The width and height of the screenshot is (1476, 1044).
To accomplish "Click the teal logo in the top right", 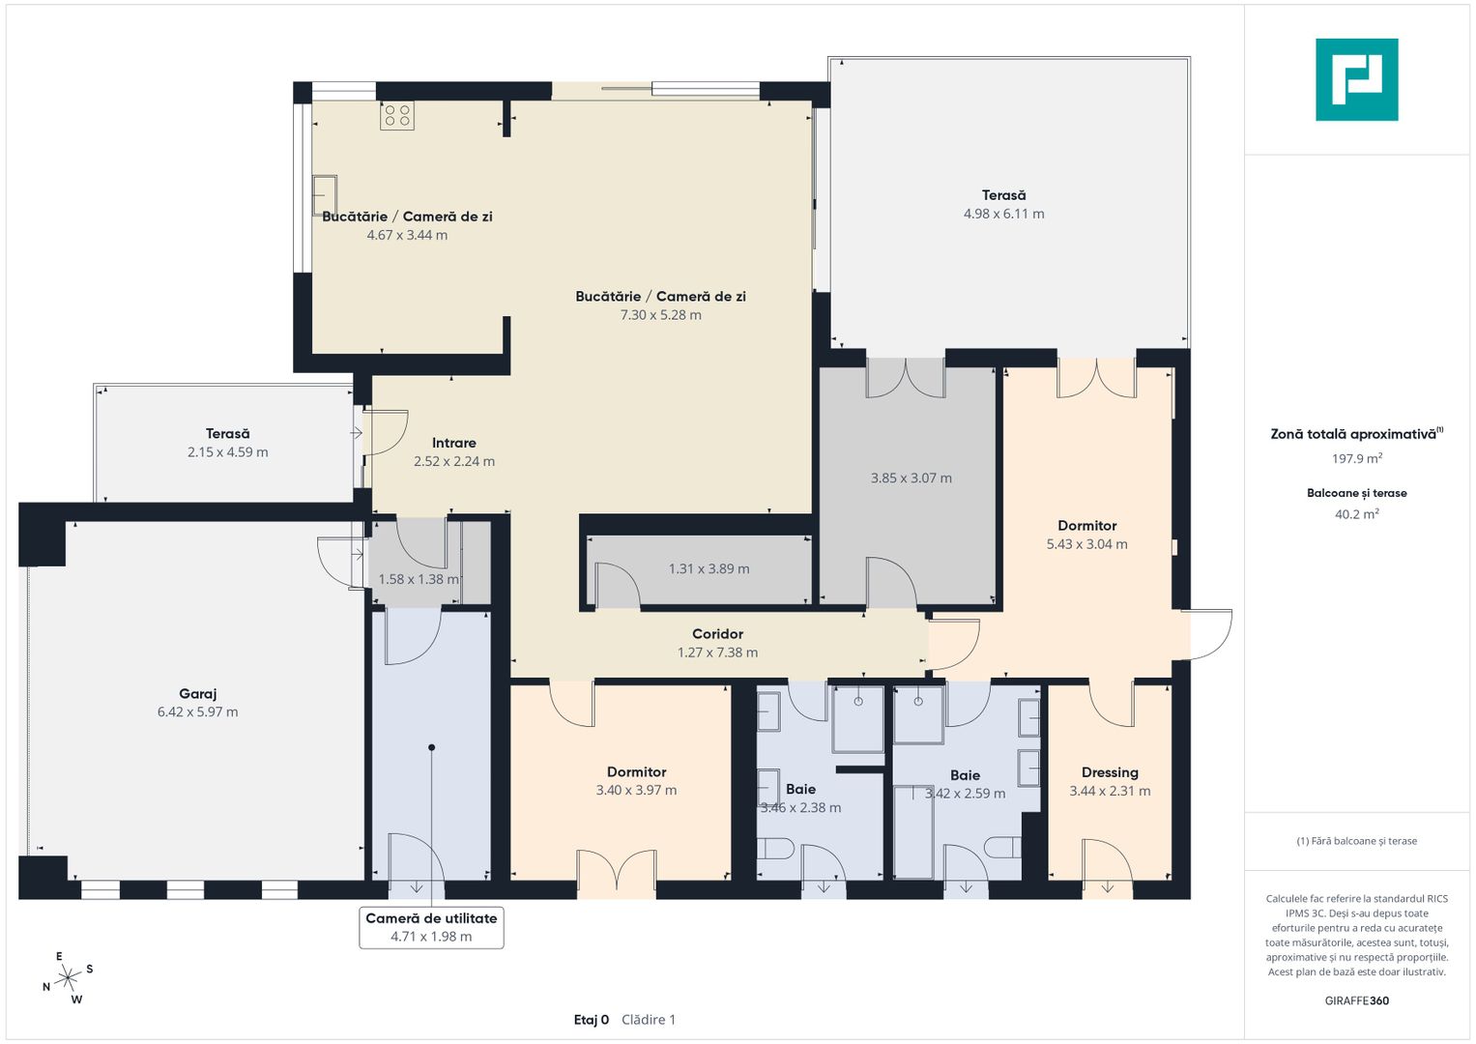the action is pyautogui.click(x=1356, y=79).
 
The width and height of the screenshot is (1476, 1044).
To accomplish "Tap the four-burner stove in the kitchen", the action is pyautogui.click(x=396, y=116).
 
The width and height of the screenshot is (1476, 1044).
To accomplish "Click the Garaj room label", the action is pyautogui.click(x=198, y=693).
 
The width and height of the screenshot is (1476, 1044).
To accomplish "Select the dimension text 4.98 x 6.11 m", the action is pyautogui.click(x=1003, y=214).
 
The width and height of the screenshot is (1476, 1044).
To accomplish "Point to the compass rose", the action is pyautogui.click(x=67, y=977).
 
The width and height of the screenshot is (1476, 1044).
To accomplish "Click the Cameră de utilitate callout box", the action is pyautogui.click(x=432, y=927).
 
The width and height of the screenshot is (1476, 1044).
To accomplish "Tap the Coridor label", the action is pyautogui.click(x=717, y=633).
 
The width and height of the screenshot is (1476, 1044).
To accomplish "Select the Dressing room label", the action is pyautogui.click(x=1110, y=772).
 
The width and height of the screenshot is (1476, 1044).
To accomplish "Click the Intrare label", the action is pyautogui.click(x=454, y=443).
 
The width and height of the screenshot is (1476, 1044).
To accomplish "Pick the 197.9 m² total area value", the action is pyautogui.click(x=1357, y=457).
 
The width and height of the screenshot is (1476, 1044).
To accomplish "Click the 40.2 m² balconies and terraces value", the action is pyautogui.click(x=1357, y=513).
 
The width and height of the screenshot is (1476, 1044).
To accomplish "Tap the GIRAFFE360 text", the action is pyautogui.click(x=1357, y=1000).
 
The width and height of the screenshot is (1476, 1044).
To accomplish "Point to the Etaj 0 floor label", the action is pyautogui.click(x=592, y=1020).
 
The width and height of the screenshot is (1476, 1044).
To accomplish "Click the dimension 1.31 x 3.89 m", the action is pyautogui.click(x=709, y=568).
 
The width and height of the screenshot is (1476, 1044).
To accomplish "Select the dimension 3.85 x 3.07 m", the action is pyautogui.click(x=912, y=478).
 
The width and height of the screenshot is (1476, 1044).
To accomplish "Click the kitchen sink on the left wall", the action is pyautogui.click(x=324, y=195).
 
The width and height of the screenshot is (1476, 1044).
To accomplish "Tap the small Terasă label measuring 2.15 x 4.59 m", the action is pyautogui.click(x=227, y=434).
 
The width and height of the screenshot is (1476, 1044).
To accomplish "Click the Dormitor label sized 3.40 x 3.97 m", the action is pyautogui.click(x=637, y=771).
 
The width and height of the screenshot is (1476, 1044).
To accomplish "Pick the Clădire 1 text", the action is pyautogui.click(x=649, y=1020).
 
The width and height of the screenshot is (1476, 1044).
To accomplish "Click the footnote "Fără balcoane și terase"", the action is pyautogui.click(x=1357, y=841).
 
